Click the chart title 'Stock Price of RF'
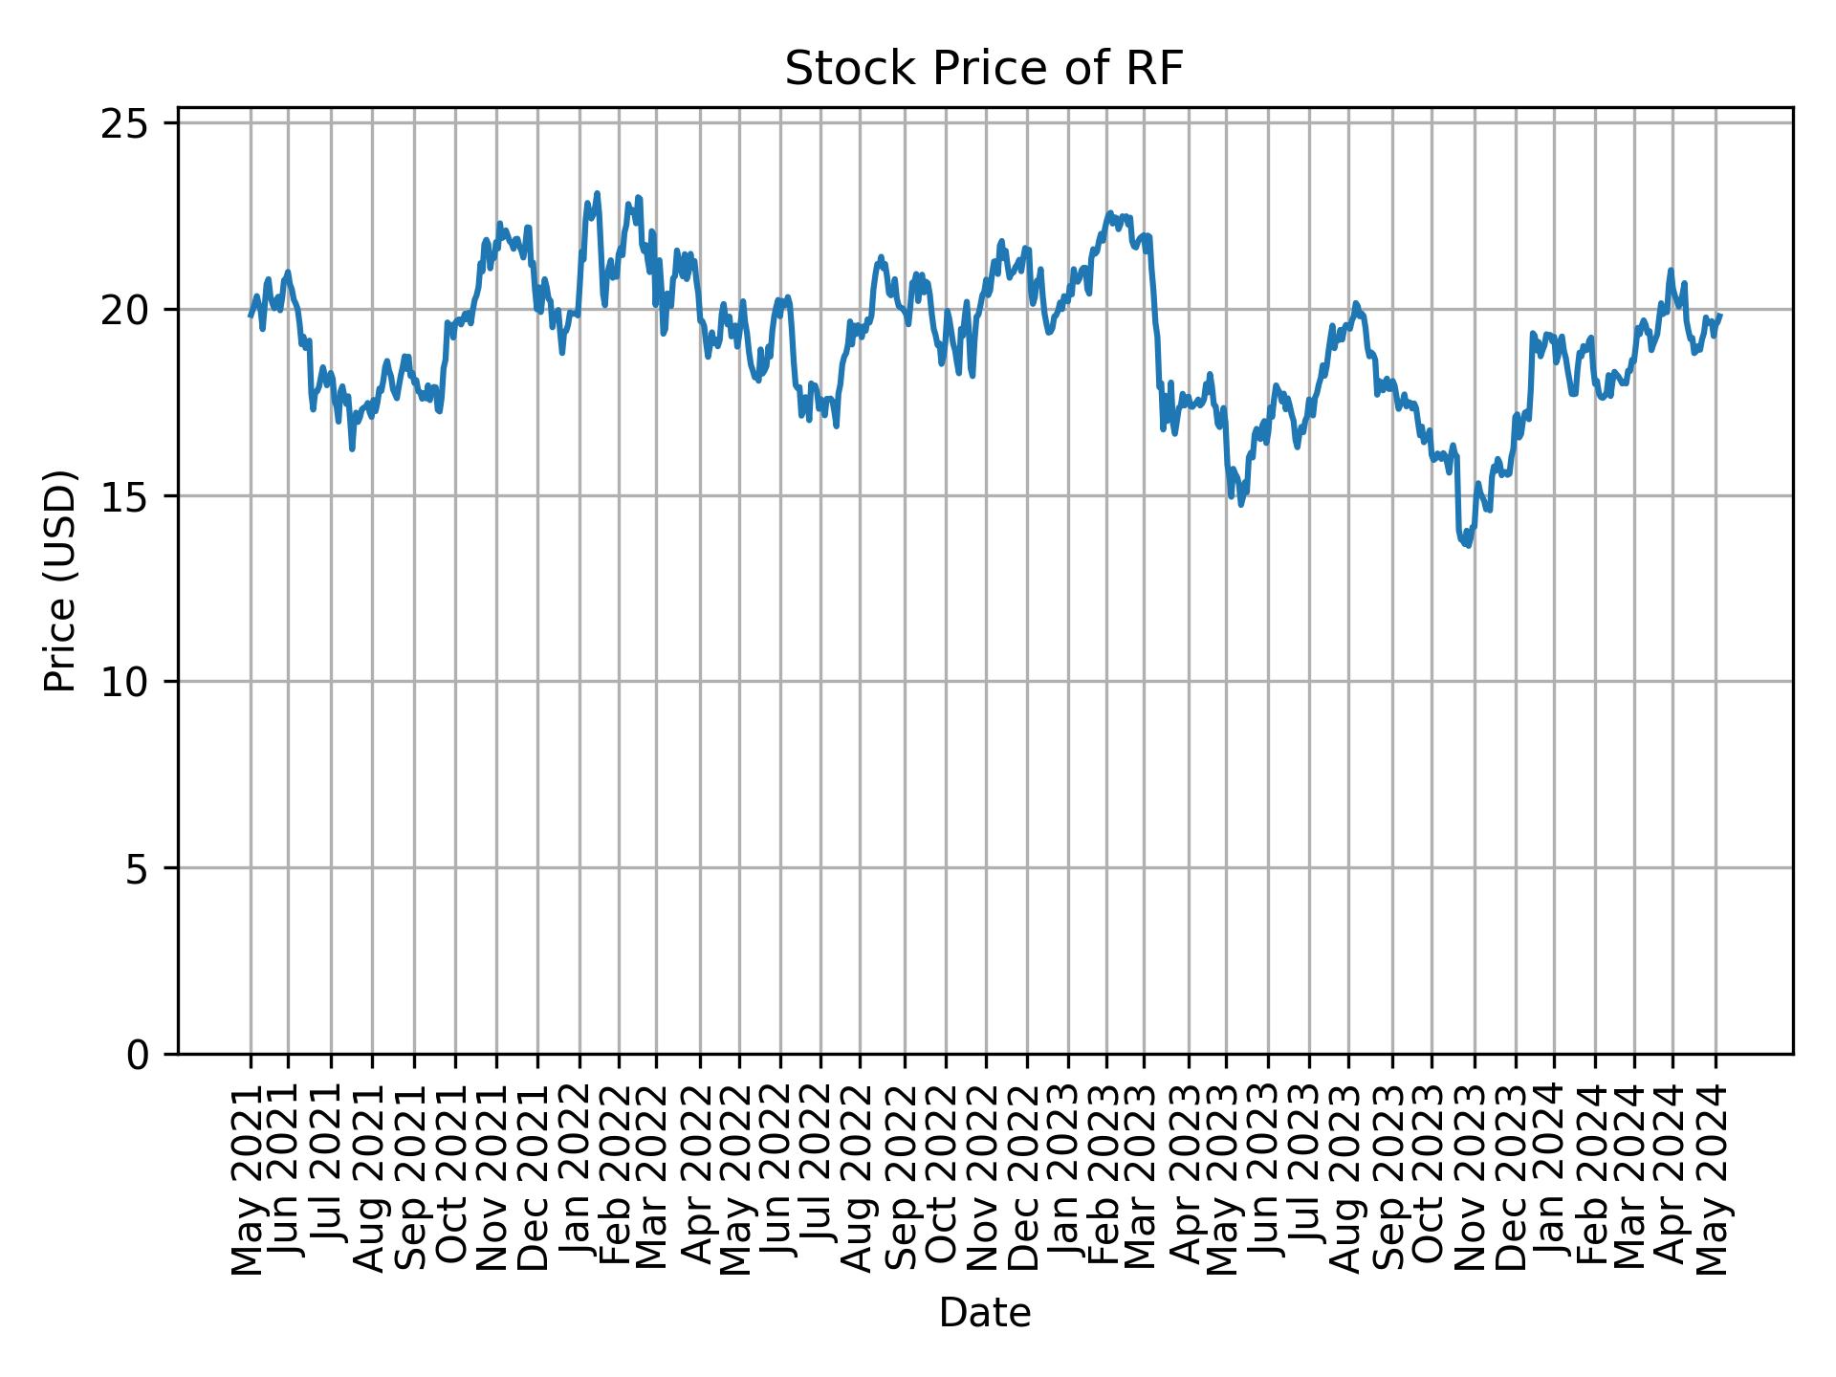coord(984,70)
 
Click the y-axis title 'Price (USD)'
coord(60,580)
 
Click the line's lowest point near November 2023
coord(1468,546)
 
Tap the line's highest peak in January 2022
coord(597,193)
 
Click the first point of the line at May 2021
coord(251,316)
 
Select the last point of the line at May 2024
coord(1720,316)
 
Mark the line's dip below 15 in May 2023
coord(1241,504)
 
